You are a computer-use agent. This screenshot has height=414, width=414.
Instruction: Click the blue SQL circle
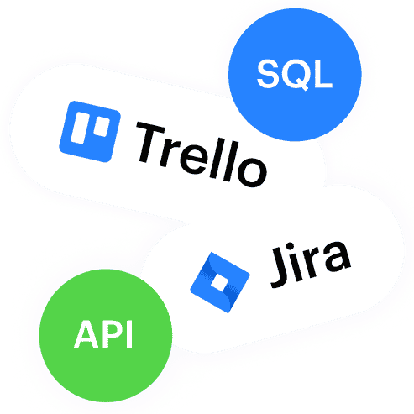[295, 75]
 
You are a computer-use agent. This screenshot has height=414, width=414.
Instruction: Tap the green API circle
[106, 335]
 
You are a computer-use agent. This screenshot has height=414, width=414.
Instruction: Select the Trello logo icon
[90, 132]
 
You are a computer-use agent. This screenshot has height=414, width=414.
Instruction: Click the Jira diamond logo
[220, 282]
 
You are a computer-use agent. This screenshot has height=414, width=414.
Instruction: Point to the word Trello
[201, 155]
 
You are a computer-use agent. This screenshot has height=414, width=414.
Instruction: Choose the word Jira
[310, 264]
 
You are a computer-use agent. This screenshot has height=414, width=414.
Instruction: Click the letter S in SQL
[269, 74]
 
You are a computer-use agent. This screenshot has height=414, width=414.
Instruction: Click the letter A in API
[86, 334]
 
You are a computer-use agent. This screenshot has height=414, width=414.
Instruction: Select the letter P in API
[113, 334]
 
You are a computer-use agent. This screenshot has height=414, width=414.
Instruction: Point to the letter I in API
[129, 334]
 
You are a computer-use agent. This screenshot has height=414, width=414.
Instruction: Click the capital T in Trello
[149, 142]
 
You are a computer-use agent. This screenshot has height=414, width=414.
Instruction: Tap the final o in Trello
[252, 171]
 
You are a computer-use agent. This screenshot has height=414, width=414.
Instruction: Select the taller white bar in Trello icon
[81, 128]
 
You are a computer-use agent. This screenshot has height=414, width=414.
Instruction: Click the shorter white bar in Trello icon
[102, 127]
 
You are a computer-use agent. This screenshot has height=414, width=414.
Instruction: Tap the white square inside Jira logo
[220, 282]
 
